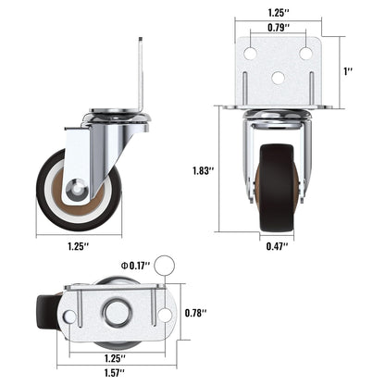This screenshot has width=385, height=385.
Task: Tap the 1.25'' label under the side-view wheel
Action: click(x=78, y=245)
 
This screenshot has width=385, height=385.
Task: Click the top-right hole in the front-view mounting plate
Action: click(x=304, y=55)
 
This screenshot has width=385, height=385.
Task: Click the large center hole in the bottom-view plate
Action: click(x=117, y=312)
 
